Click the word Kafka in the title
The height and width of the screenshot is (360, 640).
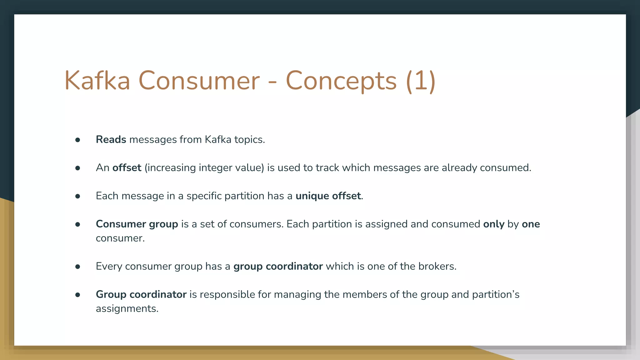click(97, 81)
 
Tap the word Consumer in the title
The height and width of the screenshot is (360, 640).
click(199, 81)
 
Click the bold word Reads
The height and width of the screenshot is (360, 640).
click(111, 139)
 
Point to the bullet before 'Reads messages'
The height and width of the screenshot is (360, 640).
click(78, 140)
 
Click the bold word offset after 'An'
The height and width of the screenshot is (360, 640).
click(127, 168)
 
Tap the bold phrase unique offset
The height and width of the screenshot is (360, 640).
click(328, 196)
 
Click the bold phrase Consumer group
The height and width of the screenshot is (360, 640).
click(137, 224)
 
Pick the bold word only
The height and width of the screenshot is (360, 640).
click(494, 224)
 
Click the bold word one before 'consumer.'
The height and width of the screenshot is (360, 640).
click(531, 224)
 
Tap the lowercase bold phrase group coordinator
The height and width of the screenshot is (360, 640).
click(278, 266)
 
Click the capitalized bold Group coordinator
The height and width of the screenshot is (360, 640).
click(141, 294)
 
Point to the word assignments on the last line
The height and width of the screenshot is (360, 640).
click(127, 309)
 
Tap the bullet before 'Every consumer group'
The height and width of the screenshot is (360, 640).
click(78, 267)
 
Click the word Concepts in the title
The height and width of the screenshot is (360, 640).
click(341, 81)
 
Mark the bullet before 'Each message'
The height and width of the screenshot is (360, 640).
click(78, 197)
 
